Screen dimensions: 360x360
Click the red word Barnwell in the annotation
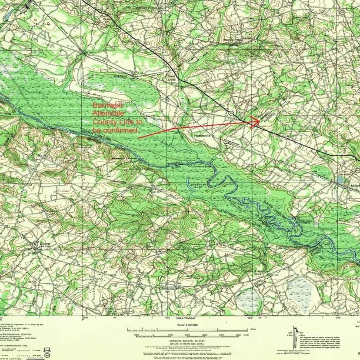[x=108, y=106]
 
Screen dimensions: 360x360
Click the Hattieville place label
[x=202, y=135]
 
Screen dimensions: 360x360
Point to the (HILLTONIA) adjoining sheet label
[x=186, y=319]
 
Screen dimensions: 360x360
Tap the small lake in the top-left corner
[x=7, y=14]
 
